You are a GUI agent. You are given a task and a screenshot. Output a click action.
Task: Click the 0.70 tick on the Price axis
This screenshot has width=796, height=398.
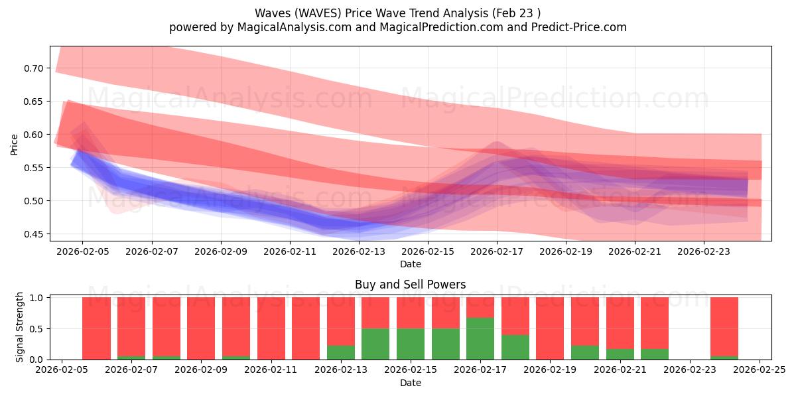tap(34, 68)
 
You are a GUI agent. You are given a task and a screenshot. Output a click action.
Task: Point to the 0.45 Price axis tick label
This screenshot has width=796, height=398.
tap(34, 234)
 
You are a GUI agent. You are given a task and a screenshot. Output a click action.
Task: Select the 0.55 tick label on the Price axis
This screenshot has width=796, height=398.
tap(34, 168)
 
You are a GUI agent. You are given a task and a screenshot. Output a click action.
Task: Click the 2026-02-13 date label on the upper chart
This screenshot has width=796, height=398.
tap(359, 252)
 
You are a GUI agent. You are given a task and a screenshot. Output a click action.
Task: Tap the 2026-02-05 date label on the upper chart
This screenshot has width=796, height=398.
tap(82, 252)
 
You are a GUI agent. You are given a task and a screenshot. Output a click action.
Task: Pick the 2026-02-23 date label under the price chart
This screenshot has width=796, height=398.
tap(704, 252)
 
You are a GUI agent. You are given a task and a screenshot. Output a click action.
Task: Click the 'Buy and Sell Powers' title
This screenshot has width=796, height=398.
tap(410, 285)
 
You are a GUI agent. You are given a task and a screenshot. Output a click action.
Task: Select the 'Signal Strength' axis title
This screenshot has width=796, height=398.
tap(20, 327)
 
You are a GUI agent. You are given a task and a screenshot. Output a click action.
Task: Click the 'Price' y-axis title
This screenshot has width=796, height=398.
tap(15, 145)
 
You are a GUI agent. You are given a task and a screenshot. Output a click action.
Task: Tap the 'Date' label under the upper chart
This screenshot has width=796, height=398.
tap(410, 264)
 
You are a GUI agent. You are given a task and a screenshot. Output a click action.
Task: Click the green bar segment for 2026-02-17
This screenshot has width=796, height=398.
tap(480, 338)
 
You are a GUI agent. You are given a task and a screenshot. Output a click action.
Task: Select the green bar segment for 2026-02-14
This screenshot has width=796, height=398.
tap(375, 344)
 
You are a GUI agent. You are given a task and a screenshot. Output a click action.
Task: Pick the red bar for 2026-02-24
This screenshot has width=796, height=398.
tap(724, 326)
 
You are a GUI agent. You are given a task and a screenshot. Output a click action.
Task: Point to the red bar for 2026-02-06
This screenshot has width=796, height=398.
tap(96, 328)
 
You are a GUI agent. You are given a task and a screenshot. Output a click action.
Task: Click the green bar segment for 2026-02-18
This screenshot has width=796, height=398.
tap(515, 347)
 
